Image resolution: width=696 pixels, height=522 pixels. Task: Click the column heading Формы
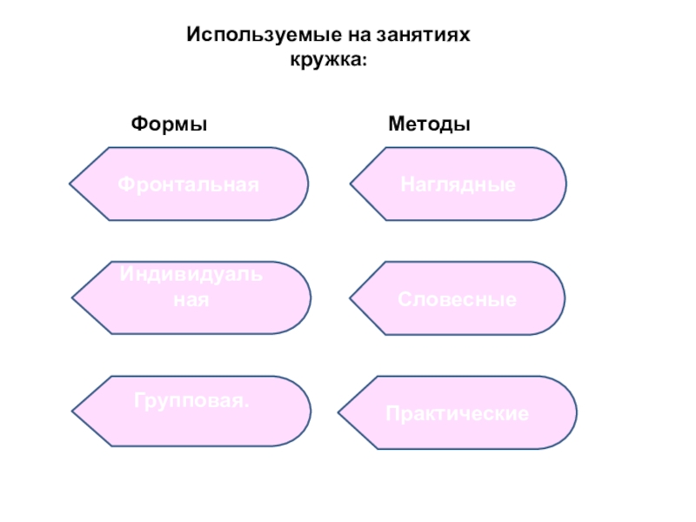(x=169, y=124)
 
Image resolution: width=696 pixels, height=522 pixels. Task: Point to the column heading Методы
(x=429, y=124)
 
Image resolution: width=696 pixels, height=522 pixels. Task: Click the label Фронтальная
(x=189, y=184)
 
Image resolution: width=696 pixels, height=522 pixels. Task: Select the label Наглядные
(x=458, y=184)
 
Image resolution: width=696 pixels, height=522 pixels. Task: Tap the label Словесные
(x=458, y=300)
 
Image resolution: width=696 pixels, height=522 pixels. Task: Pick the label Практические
(x=458, y=414)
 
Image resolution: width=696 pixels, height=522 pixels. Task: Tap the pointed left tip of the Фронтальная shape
(x=70, y=184)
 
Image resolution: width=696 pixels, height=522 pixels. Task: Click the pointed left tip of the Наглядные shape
(x=351, y=184)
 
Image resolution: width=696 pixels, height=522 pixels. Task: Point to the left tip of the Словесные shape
(x=351, y=298)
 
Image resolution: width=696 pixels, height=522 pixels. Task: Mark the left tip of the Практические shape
(x=338, y=412)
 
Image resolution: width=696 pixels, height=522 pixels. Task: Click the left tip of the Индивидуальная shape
(x=72, y=298)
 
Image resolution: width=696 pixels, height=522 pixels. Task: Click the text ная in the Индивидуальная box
(x=191, y=298)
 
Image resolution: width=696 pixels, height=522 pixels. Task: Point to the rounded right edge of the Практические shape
(x=574, y=412)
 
